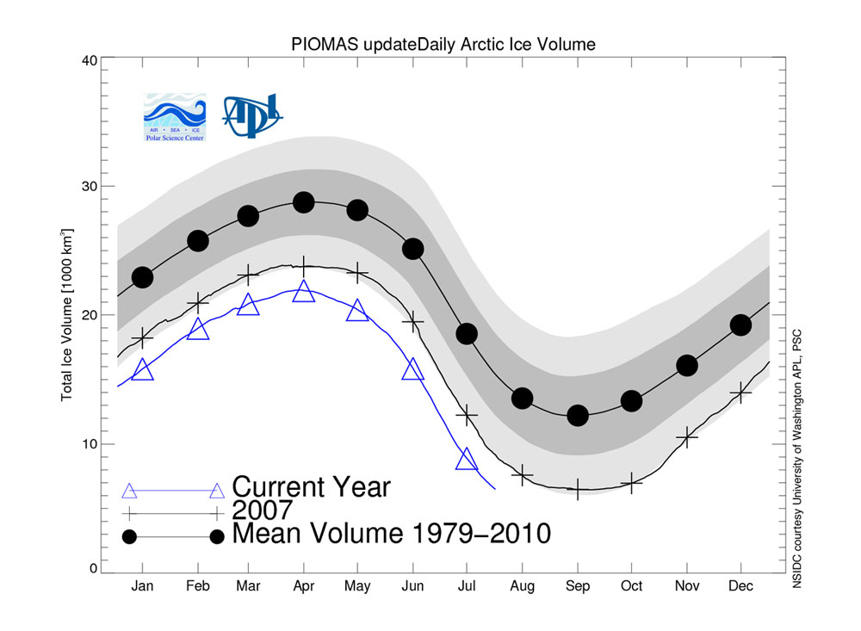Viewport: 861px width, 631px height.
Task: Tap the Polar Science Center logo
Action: [175, 117]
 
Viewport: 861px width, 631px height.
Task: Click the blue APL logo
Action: [252, 114]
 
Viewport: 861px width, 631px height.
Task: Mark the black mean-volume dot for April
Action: [303, 202]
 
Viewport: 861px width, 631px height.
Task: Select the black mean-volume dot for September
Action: [577, 415]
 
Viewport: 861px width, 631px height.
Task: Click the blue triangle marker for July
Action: [467, 459]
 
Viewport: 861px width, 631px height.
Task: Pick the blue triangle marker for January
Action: [142, 370]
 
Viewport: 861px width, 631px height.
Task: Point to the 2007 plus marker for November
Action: [686, 437]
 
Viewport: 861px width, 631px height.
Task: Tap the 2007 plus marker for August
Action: [522, 474]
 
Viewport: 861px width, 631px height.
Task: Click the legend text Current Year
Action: [311, 487]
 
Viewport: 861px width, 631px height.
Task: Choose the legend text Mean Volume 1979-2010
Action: [392, 534]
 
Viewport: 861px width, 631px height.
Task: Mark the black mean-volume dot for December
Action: [740, 325]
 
